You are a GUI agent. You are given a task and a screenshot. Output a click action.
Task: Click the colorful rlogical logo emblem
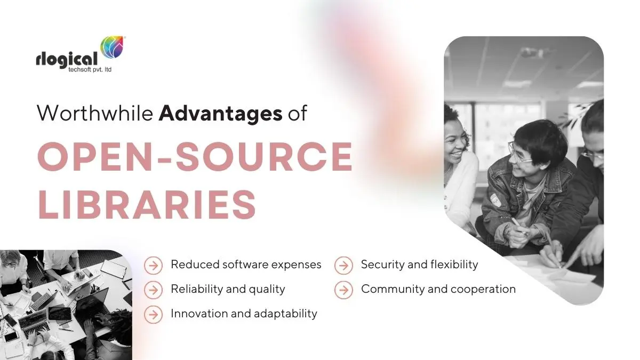(113, 47)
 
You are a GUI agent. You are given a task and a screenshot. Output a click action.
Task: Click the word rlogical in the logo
(67, 59)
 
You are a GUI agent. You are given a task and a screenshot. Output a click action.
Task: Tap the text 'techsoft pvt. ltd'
(90, 69)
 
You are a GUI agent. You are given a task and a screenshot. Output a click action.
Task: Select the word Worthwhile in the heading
(95, 113)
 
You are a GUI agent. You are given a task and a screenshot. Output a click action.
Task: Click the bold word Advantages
(221, 114)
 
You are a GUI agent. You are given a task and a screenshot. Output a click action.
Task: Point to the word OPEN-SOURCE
(195, 156)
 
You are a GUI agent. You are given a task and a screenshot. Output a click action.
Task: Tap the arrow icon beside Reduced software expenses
(154, 266)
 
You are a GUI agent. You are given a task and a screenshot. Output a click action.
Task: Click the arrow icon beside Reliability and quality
(154, 290)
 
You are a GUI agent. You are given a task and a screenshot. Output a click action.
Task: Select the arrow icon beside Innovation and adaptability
(154, 315)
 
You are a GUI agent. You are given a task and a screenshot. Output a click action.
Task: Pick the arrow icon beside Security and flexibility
(343, 266)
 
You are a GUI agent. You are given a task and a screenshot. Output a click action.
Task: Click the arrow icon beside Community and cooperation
(343, 290)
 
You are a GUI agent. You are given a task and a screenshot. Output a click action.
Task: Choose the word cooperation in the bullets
(483, 290)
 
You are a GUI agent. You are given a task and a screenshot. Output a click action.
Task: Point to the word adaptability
(285, 314)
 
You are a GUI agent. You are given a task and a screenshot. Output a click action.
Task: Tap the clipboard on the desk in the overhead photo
(114, 269)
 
